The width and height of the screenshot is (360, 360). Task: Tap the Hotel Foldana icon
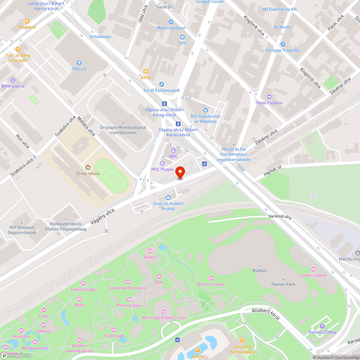tap(269, 96)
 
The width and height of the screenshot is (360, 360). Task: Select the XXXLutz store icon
tap(79, 63)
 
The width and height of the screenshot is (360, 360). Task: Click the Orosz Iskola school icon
tap(87, 167)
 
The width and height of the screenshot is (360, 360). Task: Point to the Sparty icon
tap(198, 350)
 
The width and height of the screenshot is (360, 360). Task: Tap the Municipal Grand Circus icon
tap(163, 311)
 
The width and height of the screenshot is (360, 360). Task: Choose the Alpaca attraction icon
tap(150, 251)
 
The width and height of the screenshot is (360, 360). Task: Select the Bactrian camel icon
tap(211, 278)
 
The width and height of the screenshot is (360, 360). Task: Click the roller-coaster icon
tap(314, 269)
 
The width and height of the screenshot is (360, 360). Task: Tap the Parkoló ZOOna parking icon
tap(322, 326)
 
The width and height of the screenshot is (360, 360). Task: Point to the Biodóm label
tap(260, 270)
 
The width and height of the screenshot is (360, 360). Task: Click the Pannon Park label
tap(283, 284)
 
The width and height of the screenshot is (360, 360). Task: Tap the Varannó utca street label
tap(280, 217)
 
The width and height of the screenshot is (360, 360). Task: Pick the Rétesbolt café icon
tap(27, 21)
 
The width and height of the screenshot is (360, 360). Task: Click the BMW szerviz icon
tap(13, 80)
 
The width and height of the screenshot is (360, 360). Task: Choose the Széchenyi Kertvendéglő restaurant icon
tap(242, 340)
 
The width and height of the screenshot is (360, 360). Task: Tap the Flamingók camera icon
tap(114, 329)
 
